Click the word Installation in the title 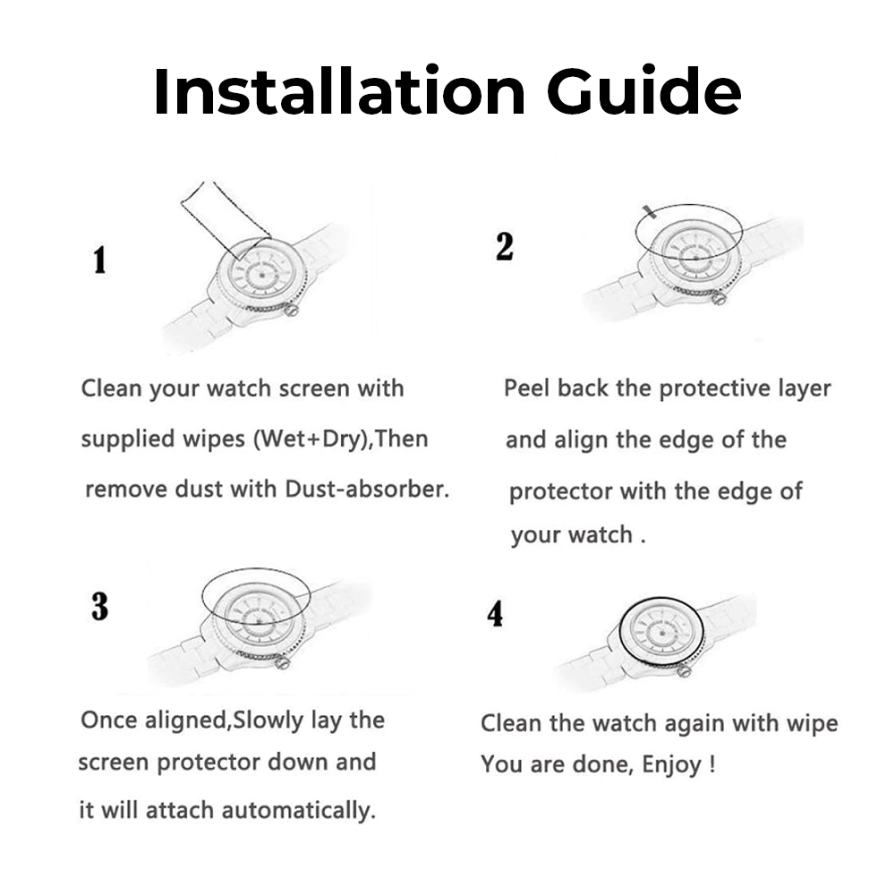point(339,91)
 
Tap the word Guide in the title point(644,91)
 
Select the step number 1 point(100,260)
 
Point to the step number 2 point(505,247)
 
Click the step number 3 point(100,606)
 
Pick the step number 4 point(495,614)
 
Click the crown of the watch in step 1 point(292,311)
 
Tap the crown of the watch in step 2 point(719,297)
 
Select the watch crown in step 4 point(685,670)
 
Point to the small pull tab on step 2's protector point(648,212)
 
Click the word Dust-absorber point(367,489)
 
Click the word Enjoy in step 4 point(671,765)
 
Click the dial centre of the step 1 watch point(262,275)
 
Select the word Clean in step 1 point(111,388)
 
